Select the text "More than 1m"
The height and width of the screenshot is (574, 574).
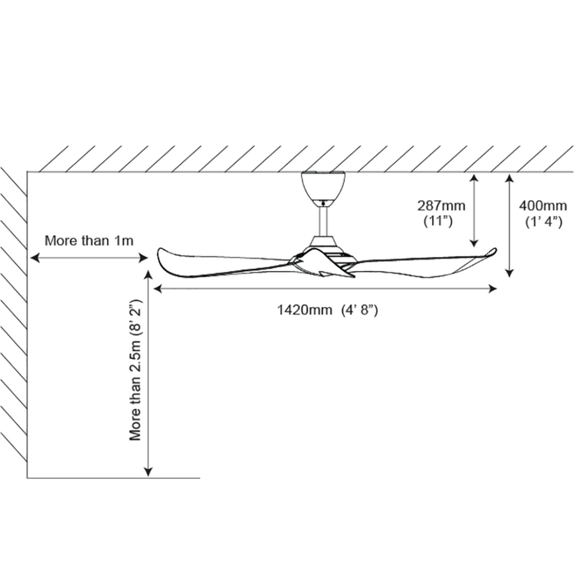coord(89,241)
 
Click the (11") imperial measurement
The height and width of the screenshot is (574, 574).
coord(438,221)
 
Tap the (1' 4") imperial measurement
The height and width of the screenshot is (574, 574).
coord(543,221)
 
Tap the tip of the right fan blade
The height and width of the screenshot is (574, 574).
coord(494,250)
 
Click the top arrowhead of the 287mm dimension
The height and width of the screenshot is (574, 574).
coord(474,177)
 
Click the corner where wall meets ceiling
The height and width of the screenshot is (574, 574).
coord(27,171)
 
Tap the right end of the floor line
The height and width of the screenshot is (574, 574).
coord(199,478)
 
